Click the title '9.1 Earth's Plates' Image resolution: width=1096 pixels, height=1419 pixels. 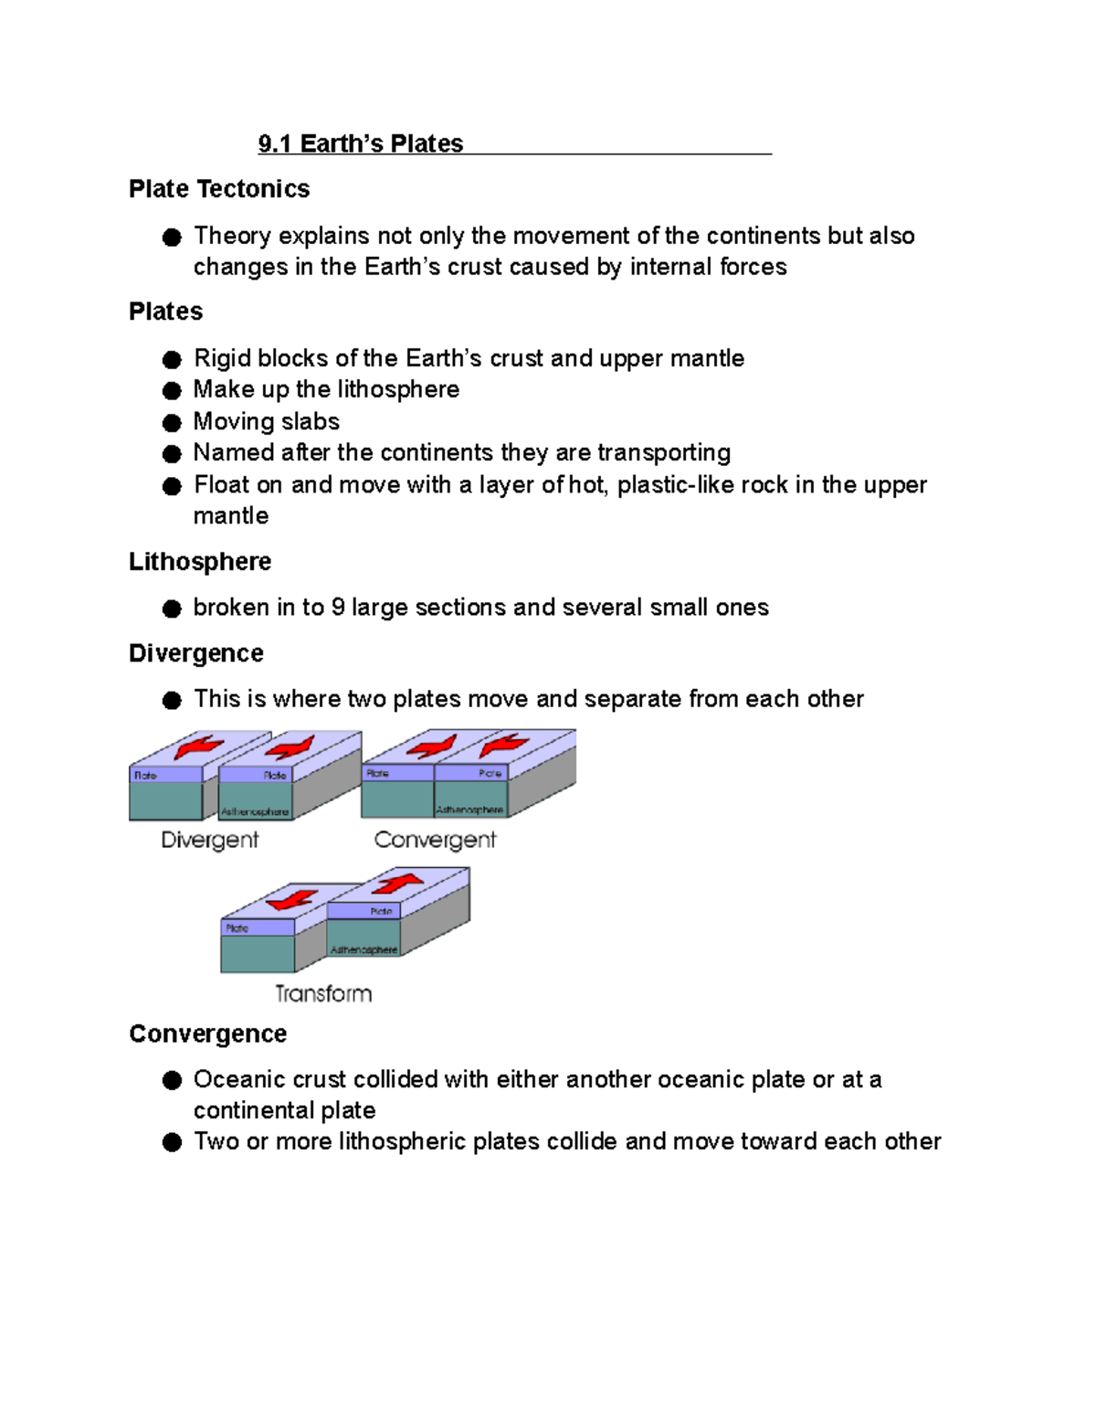361,143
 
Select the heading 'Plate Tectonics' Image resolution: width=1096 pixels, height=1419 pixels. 219,189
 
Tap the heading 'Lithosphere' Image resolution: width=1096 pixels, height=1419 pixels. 200,561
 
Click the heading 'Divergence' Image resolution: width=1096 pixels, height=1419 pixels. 196,653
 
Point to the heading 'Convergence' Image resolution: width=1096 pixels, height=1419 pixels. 208,1033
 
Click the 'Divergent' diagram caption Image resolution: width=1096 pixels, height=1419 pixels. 209,840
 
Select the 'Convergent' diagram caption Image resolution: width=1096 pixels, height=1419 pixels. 435,840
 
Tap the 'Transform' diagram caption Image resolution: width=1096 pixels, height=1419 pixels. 323,993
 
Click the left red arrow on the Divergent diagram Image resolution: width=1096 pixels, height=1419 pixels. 198,747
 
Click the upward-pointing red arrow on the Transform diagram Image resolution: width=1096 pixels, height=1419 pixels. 397,884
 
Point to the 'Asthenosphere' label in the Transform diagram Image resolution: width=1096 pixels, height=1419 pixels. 364,950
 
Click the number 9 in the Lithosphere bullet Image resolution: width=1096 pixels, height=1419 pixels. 338,608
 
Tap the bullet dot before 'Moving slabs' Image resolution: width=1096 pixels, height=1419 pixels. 172,422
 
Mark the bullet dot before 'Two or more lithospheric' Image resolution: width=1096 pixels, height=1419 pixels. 172,1142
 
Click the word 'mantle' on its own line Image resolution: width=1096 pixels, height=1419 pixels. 231,516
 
